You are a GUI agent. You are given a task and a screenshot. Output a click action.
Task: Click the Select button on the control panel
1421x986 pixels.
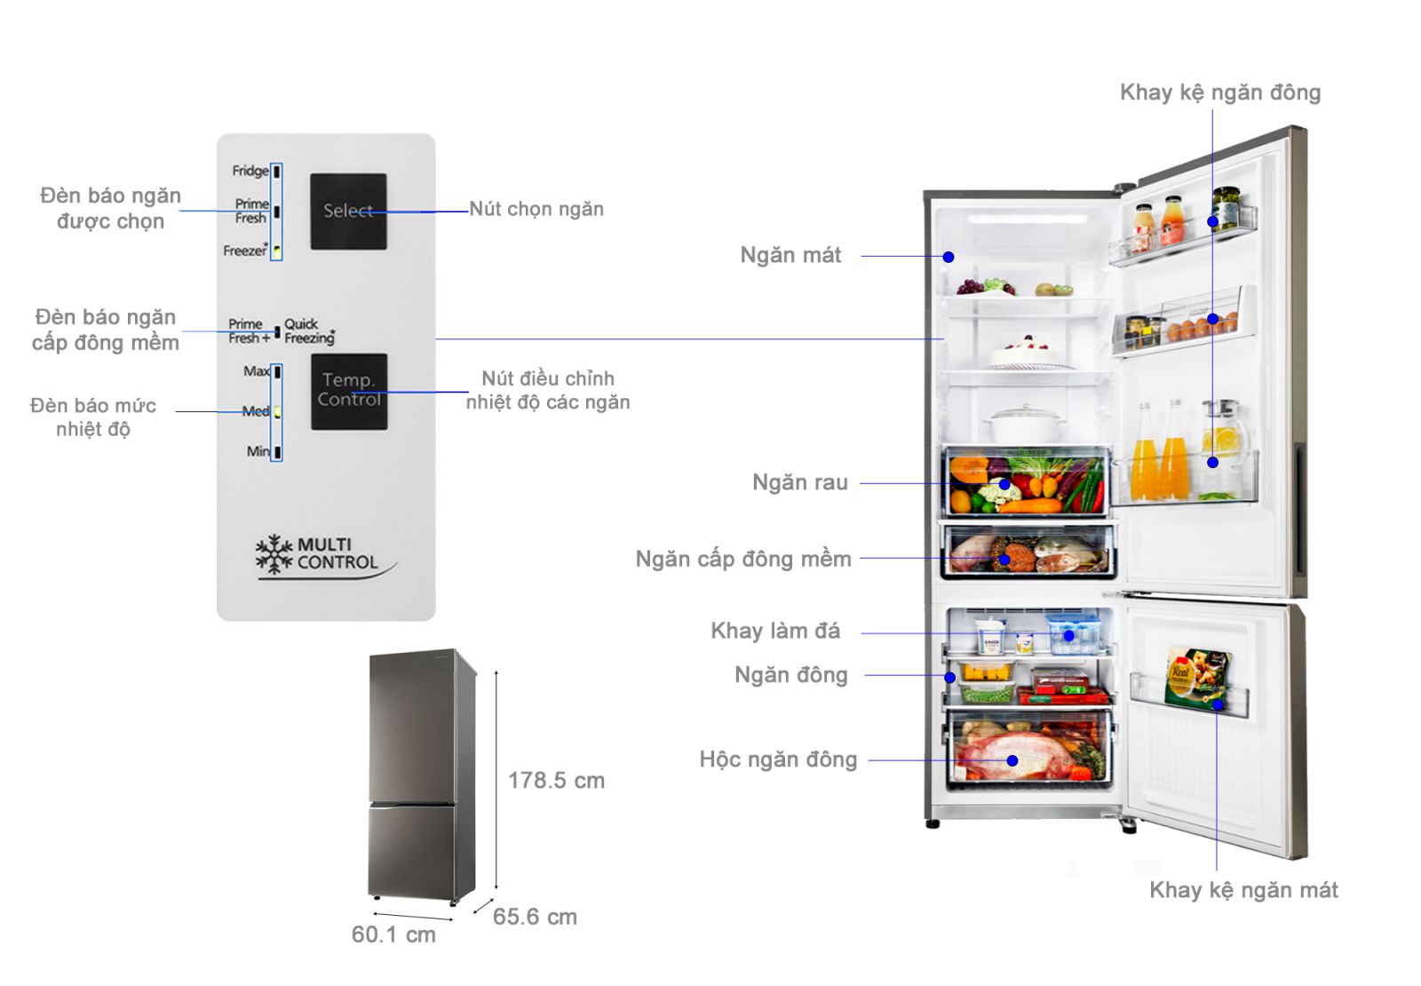click(x=348, y=211)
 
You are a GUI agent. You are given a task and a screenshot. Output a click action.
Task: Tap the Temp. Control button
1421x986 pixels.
click(x=349, y=391)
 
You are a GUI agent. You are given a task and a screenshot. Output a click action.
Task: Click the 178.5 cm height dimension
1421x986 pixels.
click(x=556, y=781)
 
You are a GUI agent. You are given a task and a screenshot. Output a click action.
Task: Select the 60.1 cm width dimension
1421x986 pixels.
click(x=393, y=934)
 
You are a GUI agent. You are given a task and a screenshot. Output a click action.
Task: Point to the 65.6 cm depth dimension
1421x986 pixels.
click(x=535, y=917)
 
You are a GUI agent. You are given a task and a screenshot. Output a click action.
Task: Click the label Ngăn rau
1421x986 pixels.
click(x=799, y=482)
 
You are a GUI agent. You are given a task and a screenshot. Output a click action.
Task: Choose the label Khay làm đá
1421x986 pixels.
click(x=774, y=631)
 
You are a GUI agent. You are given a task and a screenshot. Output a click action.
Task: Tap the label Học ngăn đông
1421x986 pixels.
click(x=778, y=759)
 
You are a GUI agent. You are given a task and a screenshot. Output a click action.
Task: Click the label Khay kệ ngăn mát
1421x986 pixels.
click(x=1242, y=890)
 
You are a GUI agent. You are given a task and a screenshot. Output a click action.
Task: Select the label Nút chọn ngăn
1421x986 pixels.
click(x=536, y=209)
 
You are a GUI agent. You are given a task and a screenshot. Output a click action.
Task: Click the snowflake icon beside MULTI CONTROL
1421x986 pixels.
click(x=274, y=553)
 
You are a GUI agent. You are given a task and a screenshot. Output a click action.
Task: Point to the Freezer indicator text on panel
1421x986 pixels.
click(x=244, y=251)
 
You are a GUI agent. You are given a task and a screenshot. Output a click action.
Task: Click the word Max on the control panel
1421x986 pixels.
click(x=256, y=371)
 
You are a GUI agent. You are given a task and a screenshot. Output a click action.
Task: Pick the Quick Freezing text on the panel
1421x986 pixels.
click(x=308, y=331)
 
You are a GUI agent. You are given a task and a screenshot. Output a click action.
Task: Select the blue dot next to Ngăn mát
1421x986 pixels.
click(x=949, y=257)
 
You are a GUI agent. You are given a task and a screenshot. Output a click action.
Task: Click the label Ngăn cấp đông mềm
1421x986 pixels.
click(x=742, y=559)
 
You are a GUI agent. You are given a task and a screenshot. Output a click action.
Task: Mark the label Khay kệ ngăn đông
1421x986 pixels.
click(x=1219, y=92)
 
